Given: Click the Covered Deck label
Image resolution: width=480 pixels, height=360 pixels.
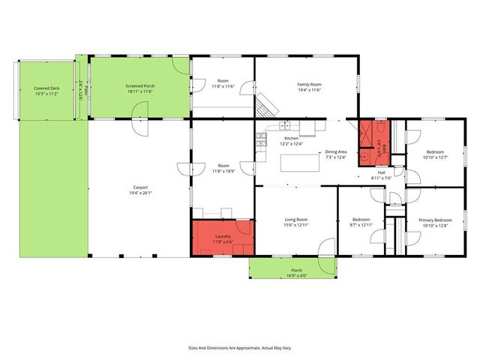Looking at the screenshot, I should pyautogui.click(x=46, y=88).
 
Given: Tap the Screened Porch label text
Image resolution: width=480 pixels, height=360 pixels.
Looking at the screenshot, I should pyautogui.click(x=139, y=86).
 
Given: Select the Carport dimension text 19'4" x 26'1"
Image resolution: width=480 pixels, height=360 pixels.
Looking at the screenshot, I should pyautogui.click(x=139, y=193).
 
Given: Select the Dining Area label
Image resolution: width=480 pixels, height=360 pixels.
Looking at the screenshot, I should pyautogui.click(x=335, y=152).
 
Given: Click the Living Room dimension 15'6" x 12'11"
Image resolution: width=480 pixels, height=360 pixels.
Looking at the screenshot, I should pyautogui.click(x=296, y=225).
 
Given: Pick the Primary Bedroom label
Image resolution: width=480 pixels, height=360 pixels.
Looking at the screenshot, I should pyautogui.click(x=435, y=220).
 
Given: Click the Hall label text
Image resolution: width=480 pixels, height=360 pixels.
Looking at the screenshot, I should pyautogui.click(x=382, y=172).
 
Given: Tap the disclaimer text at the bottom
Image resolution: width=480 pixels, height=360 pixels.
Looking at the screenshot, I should pyautogui.click(x=239, y=348).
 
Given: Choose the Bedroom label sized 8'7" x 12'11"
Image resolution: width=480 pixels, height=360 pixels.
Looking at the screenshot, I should pyautogui.click(x=361, y=220).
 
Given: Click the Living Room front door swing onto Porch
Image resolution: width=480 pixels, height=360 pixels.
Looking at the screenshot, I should pyautogui.click(x=326, y=249).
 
